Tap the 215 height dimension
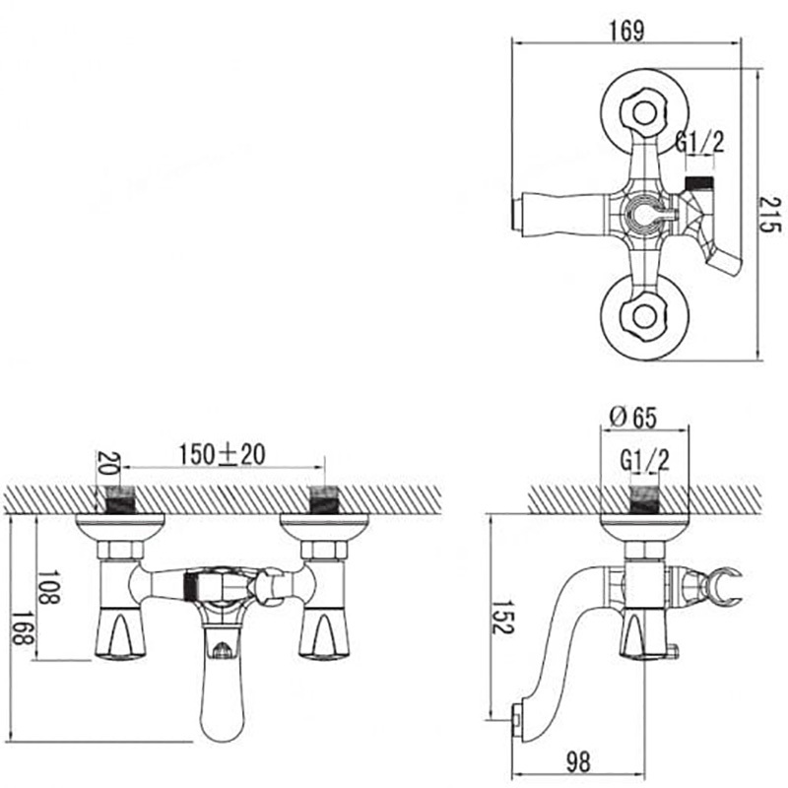[x=769, y=214]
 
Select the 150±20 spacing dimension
[x=223, y=454]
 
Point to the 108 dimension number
[x=48, y=587]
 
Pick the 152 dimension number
[x=502, y=617]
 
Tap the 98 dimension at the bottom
[x=578, y=762]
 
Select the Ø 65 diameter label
[x=633, y=417]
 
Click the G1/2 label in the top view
[x=699, y=142]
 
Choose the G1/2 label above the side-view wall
[x=645, y=459]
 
